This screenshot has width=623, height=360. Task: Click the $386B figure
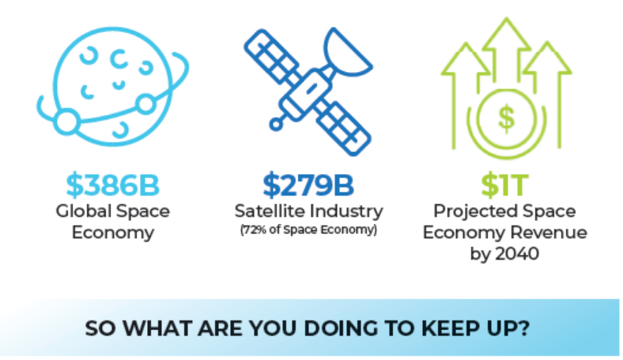pos(112,185)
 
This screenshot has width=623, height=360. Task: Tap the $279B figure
pos(308,185)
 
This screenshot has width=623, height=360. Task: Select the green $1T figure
pos(504,185)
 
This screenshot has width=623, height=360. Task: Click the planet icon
pos(113,86)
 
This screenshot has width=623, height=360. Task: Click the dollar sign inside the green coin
pos(506,118)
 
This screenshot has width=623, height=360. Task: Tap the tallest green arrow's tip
pos(506,18)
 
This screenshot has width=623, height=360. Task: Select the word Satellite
pos(270,210)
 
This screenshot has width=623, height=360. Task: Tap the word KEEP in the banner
pos(450,328)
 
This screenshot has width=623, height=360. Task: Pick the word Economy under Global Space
pos(113,233)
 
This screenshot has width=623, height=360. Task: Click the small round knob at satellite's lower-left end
pos(276,124)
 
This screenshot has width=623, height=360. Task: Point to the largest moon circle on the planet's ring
pos(66,121)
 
